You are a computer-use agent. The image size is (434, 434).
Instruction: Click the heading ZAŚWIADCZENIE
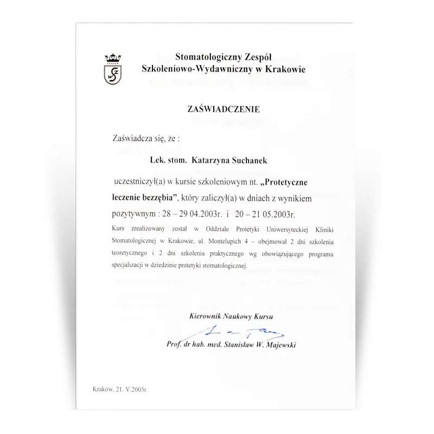pos(224,109)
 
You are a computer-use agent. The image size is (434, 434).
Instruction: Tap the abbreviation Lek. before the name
pos(158,161)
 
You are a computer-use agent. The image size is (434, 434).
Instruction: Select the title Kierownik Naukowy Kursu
pos(232,316)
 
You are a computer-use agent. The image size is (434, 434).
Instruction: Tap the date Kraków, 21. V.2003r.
pos(120,390)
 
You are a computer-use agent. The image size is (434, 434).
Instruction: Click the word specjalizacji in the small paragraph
pos(128,266)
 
